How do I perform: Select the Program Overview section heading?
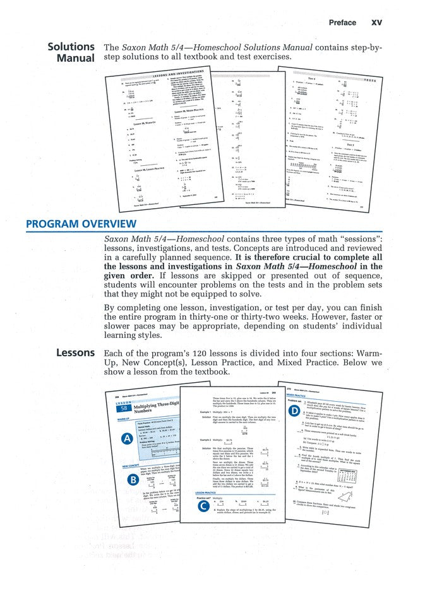[x=80, y=225]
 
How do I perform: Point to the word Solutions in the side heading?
[x=71, y=47]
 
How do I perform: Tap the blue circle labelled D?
[x=294, y=411]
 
